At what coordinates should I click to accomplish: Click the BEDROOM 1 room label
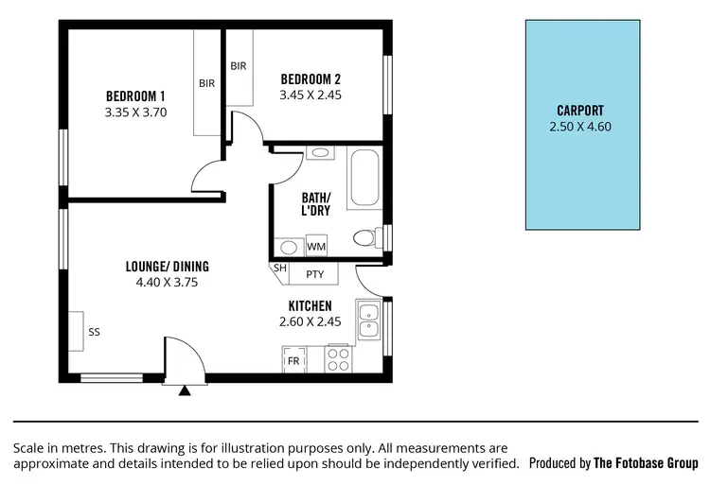point(135,96)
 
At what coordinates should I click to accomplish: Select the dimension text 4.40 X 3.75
point(167,282)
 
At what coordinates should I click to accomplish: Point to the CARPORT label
point(581,111)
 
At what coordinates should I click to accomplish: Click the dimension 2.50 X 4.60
point(581,127)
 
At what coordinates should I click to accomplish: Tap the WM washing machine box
point(316,247)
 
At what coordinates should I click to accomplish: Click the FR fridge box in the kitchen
point(293,361)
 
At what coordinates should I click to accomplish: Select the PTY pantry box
point(315,275)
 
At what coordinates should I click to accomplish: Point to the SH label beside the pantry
point(280,268)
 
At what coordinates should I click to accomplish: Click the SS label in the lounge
point(94,333)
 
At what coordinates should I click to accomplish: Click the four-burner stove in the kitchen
point(338,359)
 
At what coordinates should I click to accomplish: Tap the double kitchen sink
point(367,320)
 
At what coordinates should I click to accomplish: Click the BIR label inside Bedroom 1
point(206,83)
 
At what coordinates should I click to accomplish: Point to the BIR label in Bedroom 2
point(239,66)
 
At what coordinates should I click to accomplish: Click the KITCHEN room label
point(310,306)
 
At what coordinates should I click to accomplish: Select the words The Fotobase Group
point(646,463)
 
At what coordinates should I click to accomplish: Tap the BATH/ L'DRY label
point(315,204)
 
